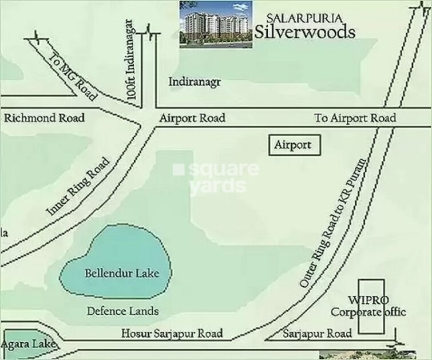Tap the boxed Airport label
pos(293,145)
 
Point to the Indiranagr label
pos(195,82)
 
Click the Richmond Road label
pos(45,118)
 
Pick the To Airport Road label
pos(355,118)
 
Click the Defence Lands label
pos(122,311)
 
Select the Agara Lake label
pos(28,345)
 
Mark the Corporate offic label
pos(368,312)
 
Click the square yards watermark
pos(216,177)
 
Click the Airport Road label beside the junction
pos(192,118)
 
